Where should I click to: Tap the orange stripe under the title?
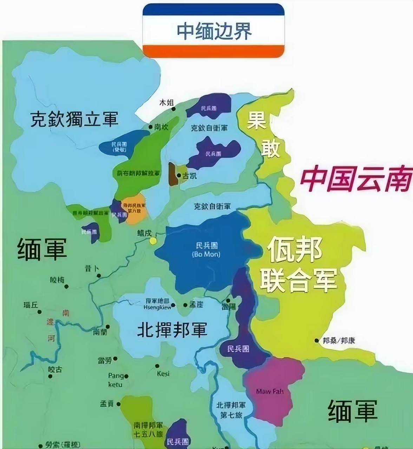(213, 51)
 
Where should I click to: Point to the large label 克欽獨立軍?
(74, 119)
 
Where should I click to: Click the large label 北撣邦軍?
(172, 330)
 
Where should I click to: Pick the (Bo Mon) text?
(206, 254)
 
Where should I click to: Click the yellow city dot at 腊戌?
(153, 241)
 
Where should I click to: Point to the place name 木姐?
(166, 103)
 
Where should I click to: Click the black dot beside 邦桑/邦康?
(317, 340)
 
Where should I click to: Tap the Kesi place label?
(163, 374)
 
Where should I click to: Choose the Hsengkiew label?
(158, 307)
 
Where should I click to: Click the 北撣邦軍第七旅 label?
(231, 409)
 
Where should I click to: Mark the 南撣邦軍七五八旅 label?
(148, 429)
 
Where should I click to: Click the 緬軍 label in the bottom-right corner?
(352, 411)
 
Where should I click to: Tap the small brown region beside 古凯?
(172, 174)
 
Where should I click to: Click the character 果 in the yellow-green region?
(257, 121)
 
